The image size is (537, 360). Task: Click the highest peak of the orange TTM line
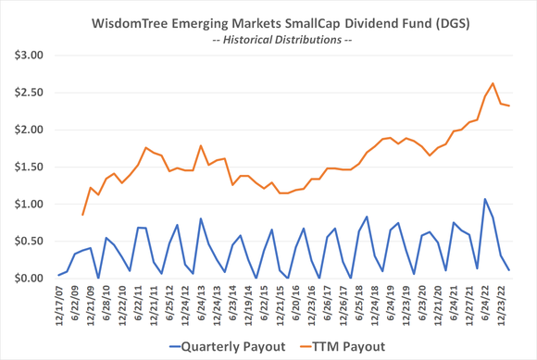493,83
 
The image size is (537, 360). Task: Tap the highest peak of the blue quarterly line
484,199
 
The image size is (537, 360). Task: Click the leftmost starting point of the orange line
82,215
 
